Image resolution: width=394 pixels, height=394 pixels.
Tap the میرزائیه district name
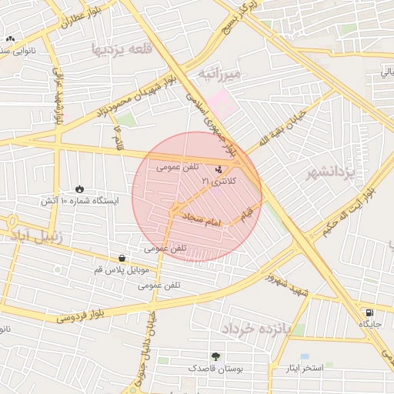(x=220, y=74)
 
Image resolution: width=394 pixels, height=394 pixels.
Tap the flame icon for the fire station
(x=80, y=189)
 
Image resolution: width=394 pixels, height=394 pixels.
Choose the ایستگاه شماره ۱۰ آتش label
(x=81, y=201)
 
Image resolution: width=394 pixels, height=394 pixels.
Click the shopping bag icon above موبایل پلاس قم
(x=122, y=258)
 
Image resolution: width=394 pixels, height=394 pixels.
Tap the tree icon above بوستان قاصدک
(x=215, y=356)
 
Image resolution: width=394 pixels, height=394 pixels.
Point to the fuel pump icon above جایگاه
(x=370, y=313)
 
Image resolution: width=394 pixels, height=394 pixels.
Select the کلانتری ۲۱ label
(x=220, y=180)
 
